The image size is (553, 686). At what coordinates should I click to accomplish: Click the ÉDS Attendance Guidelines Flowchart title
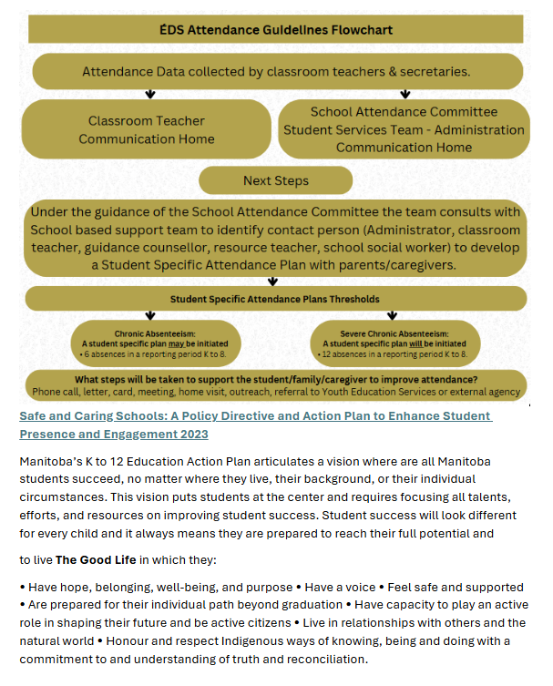[x=276, y=29]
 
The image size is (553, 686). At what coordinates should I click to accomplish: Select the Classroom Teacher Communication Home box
[x=147, y=129]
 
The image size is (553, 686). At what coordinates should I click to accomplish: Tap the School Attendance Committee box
[x=404, y=128]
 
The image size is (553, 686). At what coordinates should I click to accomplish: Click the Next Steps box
[x=275, y=180]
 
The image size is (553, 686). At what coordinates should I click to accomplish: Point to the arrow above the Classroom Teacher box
[x=150, y=94]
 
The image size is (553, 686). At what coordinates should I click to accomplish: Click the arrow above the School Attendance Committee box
[x=405, y=94]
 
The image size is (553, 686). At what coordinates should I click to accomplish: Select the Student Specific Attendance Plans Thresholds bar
[x=275, y=299]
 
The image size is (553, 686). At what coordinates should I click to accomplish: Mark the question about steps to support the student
[x=275, y=379]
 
